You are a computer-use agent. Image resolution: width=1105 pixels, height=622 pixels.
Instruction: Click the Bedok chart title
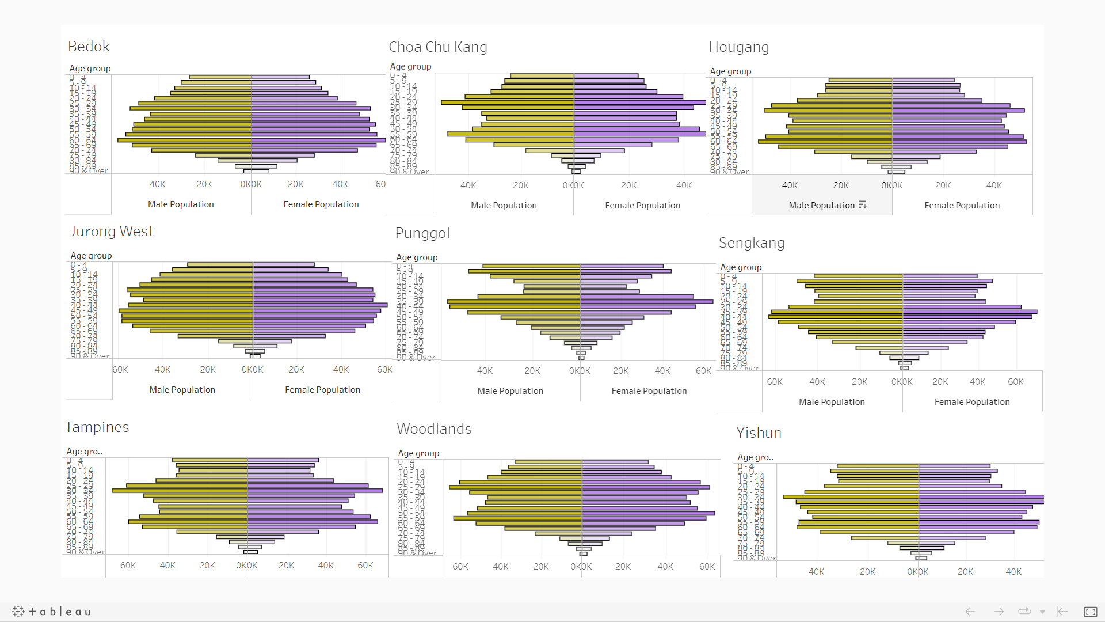pyautogui.click(x=89, y=47)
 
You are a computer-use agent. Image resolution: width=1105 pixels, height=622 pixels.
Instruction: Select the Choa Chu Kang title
pyautogui.click(x=437, y=47)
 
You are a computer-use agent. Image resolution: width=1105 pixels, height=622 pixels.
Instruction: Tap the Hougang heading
pyautogui.click(x=738, y=47)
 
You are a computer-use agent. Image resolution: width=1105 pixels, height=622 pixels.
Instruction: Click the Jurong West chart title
pyautogui.click(x=112, y=232)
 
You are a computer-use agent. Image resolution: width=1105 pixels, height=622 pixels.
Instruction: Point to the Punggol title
pyautogui.click(x=422, y=233)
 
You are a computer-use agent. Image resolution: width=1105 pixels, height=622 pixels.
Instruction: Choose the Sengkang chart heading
pyautogui.click(x=751, y=243)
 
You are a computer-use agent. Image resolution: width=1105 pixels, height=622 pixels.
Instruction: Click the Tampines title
pyautogui.click(x=97, y=427)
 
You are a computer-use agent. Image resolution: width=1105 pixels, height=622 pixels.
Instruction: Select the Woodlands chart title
pyautogui.click(x=434, y=429)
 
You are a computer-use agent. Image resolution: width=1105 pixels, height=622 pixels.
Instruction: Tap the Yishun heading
pyautogui.click(x=759, y=433)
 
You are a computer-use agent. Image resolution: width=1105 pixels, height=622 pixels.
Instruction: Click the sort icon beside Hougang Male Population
pyautogui.click(x=862, y=205)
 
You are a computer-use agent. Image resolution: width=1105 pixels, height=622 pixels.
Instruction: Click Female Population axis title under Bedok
pyautogui.click(x=321, y=204)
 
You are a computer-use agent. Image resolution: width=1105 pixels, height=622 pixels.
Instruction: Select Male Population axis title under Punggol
pyautogui.click(x=510, y=391)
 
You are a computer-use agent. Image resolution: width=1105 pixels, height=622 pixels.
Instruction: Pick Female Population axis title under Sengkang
pyautogui.click(x=971, y=402)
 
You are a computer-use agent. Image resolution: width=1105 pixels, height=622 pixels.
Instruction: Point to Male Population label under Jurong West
pyautogui.click(x=182, y=390)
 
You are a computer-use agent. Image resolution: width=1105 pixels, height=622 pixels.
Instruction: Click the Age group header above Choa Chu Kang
pyautogui.click(x=410, y=67)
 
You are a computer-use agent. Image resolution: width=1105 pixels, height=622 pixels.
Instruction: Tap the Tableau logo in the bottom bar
pyautogui.click(x=51, y=612)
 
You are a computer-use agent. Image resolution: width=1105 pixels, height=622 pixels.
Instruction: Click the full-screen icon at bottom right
pyautogui.click(x=1090, y=612)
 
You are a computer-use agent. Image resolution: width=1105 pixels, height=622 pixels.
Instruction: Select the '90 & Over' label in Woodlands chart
pyautogui.click(x=417, y=553)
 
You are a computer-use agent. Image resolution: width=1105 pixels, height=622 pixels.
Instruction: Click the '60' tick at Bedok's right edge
pyautogui.click(x=380, y=184)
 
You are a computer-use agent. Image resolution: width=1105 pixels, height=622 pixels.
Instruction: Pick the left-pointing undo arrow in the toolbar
pyautogui.click(x=970, y=612)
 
